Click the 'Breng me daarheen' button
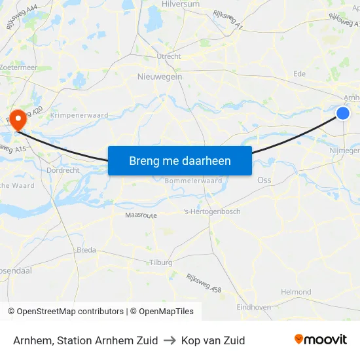tap(179, 160)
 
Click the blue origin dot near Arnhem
tap(343, 113)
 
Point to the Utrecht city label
tap(169, 57)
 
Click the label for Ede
tap(300, 74)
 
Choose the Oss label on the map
tap(264, 180)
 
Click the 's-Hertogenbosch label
tap(212, 211)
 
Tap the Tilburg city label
tap(160, 262)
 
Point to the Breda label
tap(86, 250)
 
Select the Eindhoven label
tap(254, 307)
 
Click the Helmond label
tap(296, 292)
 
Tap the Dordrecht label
tap(63, 170)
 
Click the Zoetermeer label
tap(18, 67)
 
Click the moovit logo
tap(321, 340)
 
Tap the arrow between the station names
tap(170, 340)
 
